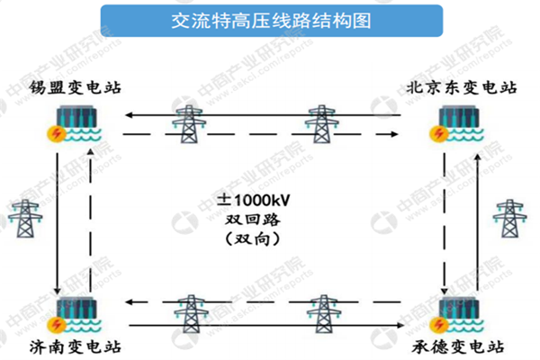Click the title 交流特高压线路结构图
(270, 19)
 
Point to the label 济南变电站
(79, 346)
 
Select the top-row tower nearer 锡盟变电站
(188, 124)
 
